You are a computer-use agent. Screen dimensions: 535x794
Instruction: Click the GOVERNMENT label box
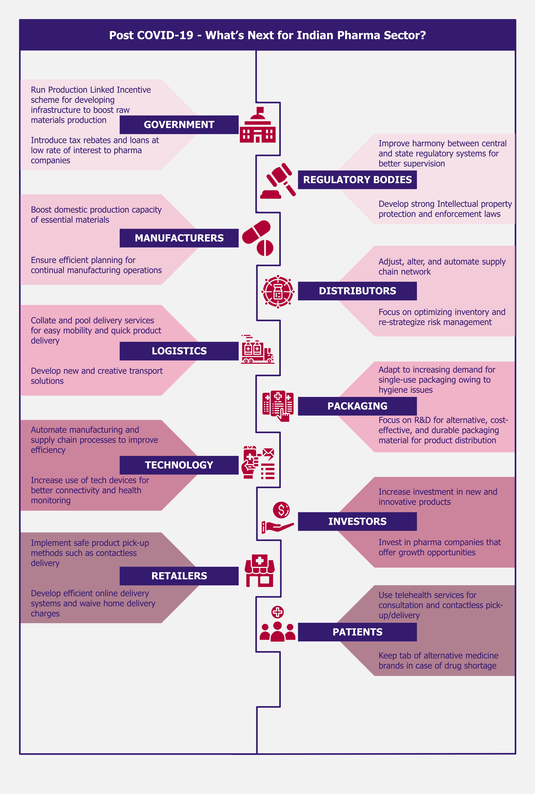[x=179, y=125]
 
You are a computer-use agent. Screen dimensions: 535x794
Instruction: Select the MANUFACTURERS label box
[x=179, y=238]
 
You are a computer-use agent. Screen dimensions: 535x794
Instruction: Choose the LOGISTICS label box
[x=179, y=351]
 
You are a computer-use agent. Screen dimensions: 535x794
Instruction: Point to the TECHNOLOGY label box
[x=179, y=465]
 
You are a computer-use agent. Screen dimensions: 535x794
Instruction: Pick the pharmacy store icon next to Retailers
[x=260, y=571]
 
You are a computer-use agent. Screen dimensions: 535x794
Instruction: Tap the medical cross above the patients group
[x=277, y=612]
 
